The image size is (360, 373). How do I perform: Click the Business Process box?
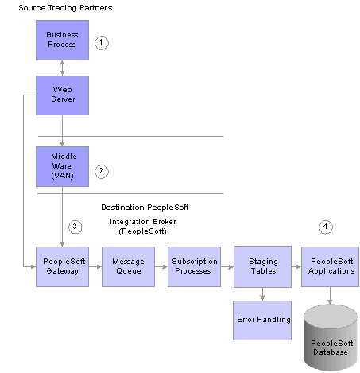62,40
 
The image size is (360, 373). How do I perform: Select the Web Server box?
62,95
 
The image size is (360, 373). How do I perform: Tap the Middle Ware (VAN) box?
62,166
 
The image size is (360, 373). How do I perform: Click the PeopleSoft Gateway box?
62,266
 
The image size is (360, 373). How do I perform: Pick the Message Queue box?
128,266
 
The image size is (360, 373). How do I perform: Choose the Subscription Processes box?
194,266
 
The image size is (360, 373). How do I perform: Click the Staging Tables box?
262,266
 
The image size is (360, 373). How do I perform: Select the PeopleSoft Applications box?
330,266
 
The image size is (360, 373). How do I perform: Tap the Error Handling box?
262,321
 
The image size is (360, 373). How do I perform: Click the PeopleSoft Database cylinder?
331,337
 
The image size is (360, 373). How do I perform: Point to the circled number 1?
102,43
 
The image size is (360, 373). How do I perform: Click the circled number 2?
102,172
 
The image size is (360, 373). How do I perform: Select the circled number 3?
75,227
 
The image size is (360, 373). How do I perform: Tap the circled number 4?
326,227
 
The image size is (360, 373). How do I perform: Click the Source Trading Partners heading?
65,8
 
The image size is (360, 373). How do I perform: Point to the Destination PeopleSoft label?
145,208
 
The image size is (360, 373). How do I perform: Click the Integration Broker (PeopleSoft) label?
143,227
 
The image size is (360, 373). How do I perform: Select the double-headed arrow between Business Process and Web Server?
62,68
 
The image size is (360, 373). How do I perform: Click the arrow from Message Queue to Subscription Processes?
161,266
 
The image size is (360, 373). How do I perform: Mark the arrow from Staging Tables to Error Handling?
262,294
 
